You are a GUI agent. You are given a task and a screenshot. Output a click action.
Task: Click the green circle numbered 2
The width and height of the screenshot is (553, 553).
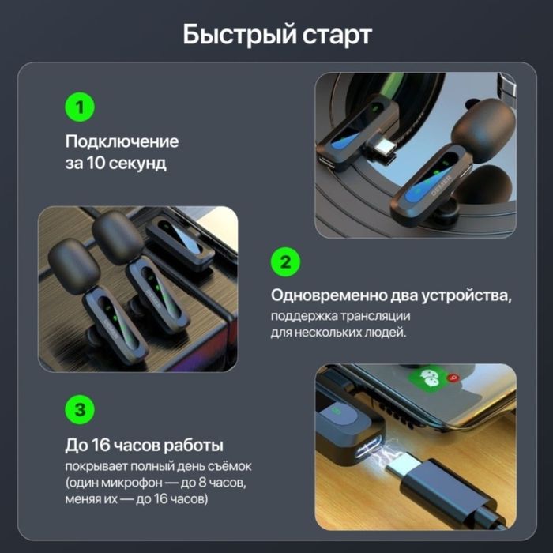(285, 262)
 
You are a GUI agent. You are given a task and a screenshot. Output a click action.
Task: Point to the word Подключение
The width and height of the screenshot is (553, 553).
(122, 142)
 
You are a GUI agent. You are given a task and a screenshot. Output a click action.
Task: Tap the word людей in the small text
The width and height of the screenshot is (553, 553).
(383, 333)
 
